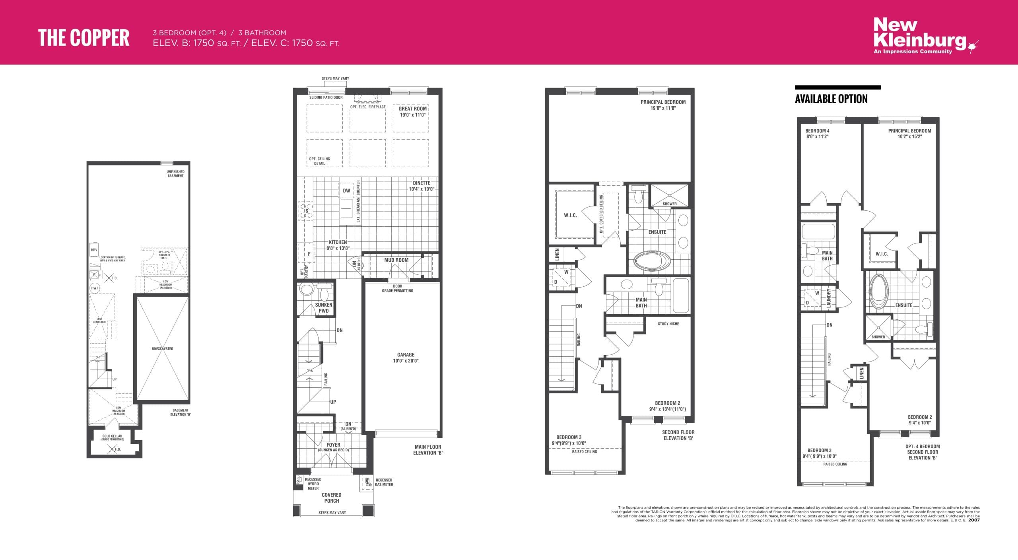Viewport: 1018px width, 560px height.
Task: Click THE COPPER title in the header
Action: (84, 38)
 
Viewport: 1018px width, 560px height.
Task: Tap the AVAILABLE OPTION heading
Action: (831, 99)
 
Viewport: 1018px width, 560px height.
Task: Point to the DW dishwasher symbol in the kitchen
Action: (346, 191)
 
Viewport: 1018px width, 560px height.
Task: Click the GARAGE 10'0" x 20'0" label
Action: (406, 358)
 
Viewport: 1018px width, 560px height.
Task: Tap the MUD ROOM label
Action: (396, 260)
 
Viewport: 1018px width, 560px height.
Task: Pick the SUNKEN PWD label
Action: (324, 308)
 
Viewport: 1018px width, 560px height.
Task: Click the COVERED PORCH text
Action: (332, 498)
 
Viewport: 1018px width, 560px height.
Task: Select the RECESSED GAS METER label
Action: (384, 482)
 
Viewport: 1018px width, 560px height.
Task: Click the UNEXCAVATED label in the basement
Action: (162, 349)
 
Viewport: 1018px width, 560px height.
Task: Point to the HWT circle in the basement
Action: (95, 288)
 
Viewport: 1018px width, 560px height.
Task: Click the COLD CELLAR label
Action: (112, 437)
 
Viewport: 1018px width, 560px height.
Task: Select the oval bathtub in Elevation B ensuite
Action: (652, 261)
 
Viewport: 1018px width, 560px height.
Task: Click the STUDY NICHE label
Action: (668, 324)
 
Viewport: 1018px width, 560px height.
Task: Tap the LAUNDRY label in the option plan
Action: (829, 297)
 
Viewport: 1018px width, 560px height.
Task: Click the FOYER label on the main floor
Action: (333, 445)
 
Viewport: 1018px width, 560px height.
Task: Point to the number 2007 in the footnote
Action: (974, 520)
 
